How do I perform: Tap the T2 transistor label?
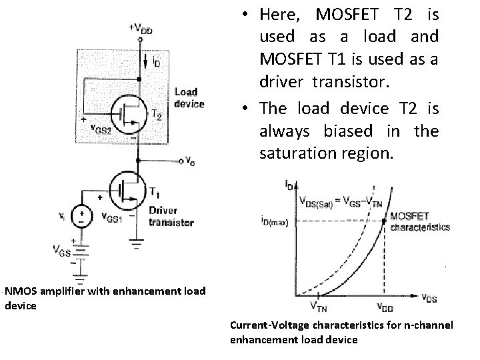click(x=157, y=115)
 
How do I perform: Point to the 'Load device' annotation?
click(x=189, y=98)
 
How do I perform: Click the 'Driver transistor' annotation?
click(x=171, y=217)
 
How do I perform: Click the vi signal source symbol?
click(x=81, y=216)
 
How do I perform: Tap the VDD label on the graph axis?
click(x=385, y=307)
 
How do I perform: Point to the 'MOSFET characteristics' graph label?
click(x=419, y=221)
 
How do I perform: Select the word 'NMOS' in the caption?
click(x=21, y=290)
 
